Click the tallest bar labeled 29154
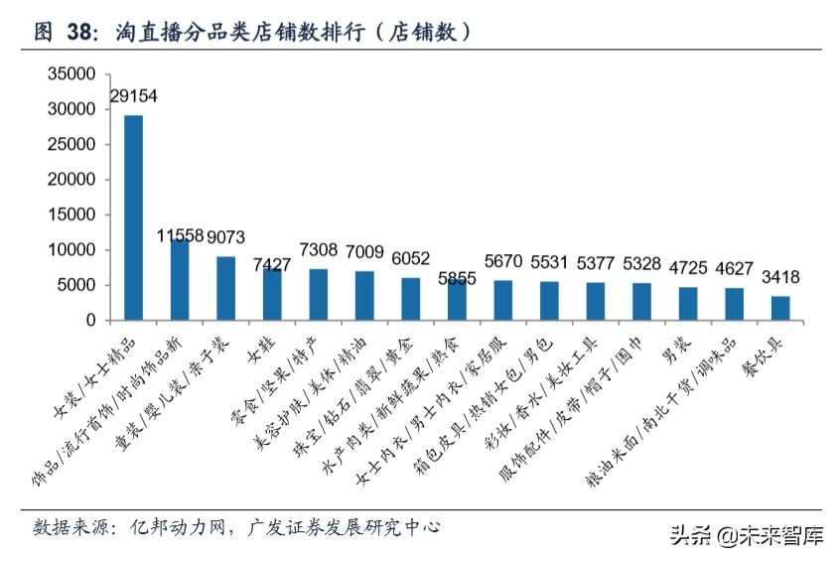click(x=133, y=217)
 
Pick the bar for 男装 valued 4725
click(x=688, y=303)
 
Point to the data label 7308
click(x=319, y=249)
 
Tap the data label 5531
click(x=550, y=262)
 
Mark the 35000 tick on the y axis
click(x=75, y=74)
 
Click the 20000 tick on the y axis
click(x=75, y=180)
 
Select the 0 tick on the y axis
click(x=93, y=321)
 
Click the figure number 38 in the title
click(x=81, y=32)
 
